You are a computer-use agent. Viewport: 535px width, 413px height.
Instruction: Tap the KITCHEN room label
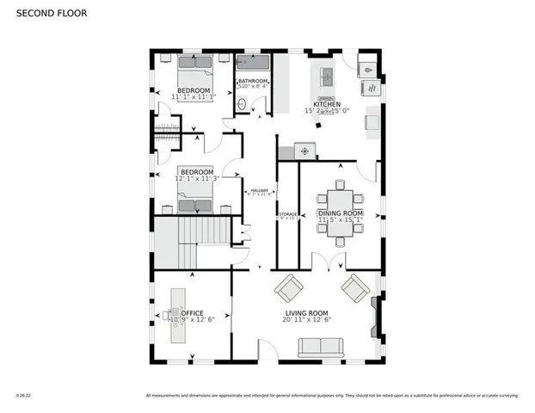coord(327,104)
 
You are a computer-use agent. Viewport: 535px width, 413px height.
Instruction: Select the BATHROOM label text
coord(253,82)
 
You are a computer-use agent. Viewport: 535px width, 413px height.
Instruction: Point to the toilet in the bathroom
coord(242,104)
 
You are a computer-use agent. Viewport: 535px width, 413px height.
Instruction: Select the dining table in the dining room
coord(341,213)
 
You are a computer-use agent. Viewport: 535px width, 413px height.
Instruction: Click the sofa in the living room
coord(320,347)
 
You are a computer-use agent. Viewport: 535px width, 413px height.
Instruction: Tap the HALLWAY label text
coord(259,190)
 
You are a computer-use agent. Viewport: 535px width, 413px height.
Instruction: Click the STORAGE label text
coord(287,214)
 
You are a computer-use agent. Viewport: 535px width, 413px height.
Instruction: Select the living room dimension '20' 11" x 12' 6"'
coord(307,320)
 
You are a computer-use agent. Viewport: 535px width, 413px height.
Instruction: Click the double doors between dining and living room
coord(320,268)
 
